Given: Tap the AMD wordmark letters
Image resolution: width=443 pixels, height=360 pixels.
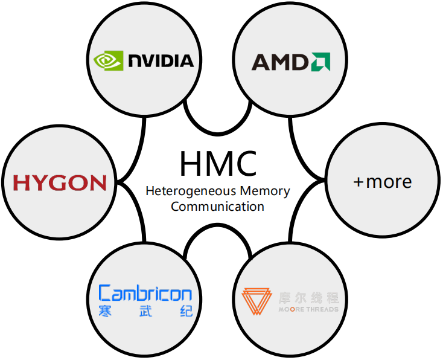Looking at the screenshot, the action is point(280,62).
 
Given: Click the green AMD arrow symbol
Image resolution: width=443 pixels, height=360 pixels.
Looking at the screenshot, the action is point(320,62).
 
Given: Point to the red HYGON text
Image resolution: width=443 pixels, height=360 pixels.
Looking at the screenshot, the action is point(60,182).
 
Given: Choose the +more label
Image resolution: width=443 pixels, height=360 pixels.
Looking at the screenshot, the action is point(382,181).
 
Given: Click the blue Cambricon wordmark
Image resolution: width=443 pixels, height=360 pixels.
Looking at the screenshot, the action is point(145,294).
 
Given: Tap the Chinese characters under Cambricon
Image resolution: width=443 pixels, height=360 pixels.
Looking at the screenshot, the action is point(145,312).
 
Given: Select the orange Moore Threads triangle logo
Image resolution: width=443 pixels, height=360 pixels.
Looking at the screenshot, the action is point(257,303).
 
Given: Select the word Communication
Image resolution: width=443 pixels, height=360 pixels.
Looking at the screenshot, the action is point(218,207).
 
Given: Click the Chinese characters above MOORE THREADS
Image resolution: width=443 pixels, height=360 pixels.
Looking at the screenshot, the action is point(308,297).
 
